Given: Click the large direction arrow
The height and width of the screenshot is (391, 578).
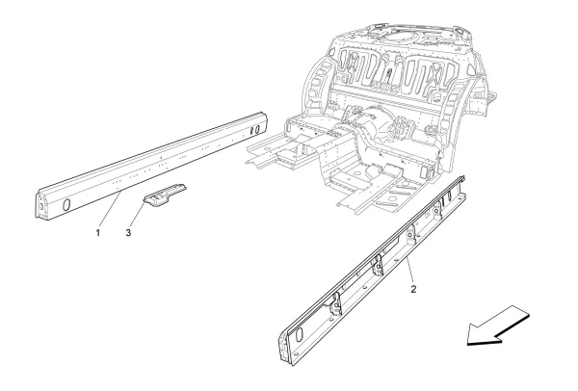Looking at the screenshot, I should tap(496, 324).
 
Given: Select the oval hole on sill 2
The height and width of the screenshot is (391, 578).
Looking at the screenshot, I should tap(296, 336).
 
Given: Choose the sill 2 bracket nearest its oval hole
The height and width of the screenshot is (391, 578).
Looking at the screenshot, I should tap(334, 307).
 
